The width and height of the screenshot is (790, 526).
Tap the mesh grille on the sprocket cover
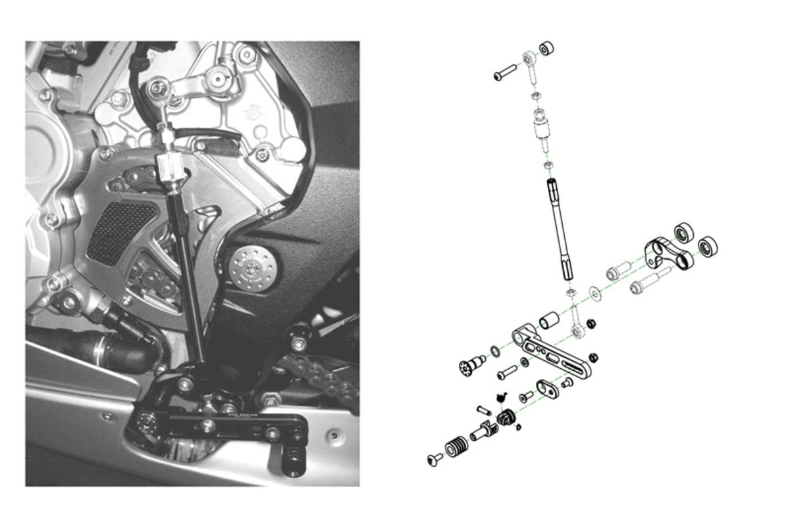(x=122, y=230)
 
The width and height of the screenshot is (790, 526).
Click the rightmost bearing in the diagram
(x=708, y=247)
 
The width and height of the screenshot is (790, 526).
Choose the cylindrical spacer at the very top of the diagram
(x=546, y=49)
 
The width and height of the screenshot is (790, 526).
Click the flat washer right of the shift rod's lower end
(x=596, y=292)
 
